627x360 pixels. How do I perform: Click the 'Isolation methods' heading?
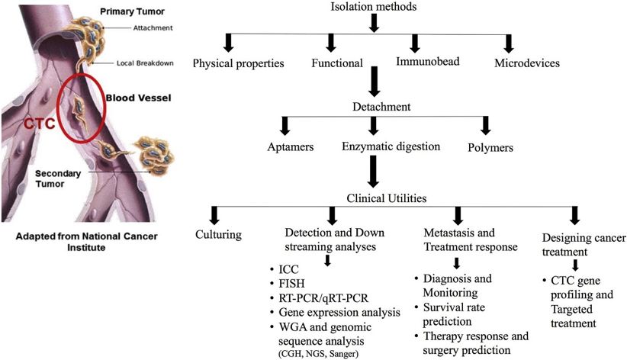point(374,8)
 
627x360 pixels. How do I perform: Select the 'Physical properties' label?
point(239,63)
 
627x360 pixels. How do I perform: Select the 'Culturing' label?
point(217,234)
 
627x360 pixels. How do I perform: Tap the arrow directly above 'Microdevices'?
point(508,43)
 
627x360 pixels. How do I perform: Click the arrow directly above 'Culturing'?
point(216,214)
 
